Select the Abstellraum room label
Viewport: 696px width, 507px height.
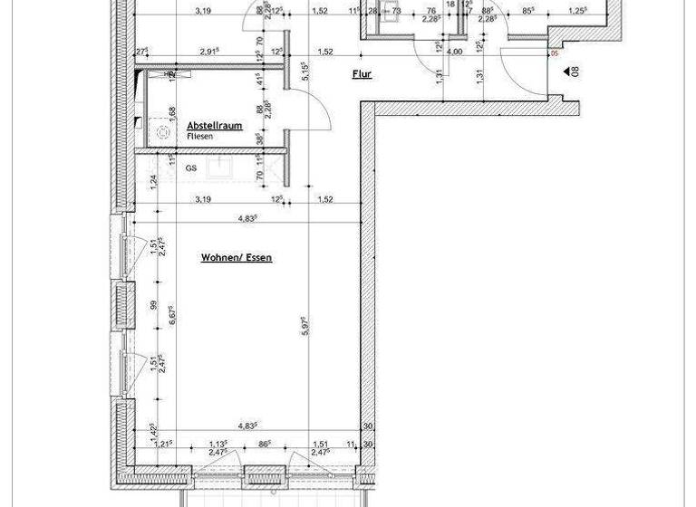tap(215, 126)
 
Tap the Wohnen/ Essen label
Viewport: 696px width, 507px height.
tap(236, 258)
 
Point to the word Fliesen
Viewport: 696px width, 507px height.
tap(201, 136)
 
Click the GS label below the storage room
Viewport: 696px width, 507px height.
tap(191, 167)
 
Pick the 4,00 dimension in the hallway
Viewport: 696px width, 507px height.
tap(455, 52)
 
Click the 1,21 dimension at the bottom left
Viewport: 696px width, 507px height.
tap(163, 444)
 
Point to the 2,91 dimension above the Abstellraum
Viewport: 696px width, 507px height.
tap(211, 52)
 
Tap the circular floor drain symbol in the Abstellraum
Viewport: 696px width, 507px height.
tap(164, 131)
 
